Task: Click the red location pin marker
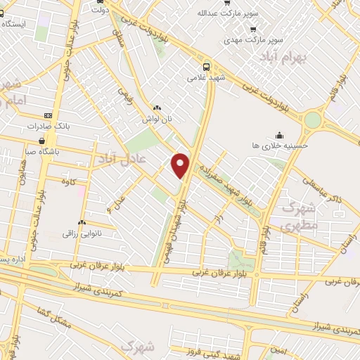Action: click(x=181, y=165)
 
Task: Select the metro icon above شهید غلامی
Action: click(x=205, y=62)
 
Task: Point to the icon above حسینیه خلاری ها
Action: click(x=279, y=135)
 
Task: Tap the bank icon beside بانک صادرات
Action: click(x=48, y=115)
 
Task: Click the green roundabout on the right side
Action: click(x=311, y=120)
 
